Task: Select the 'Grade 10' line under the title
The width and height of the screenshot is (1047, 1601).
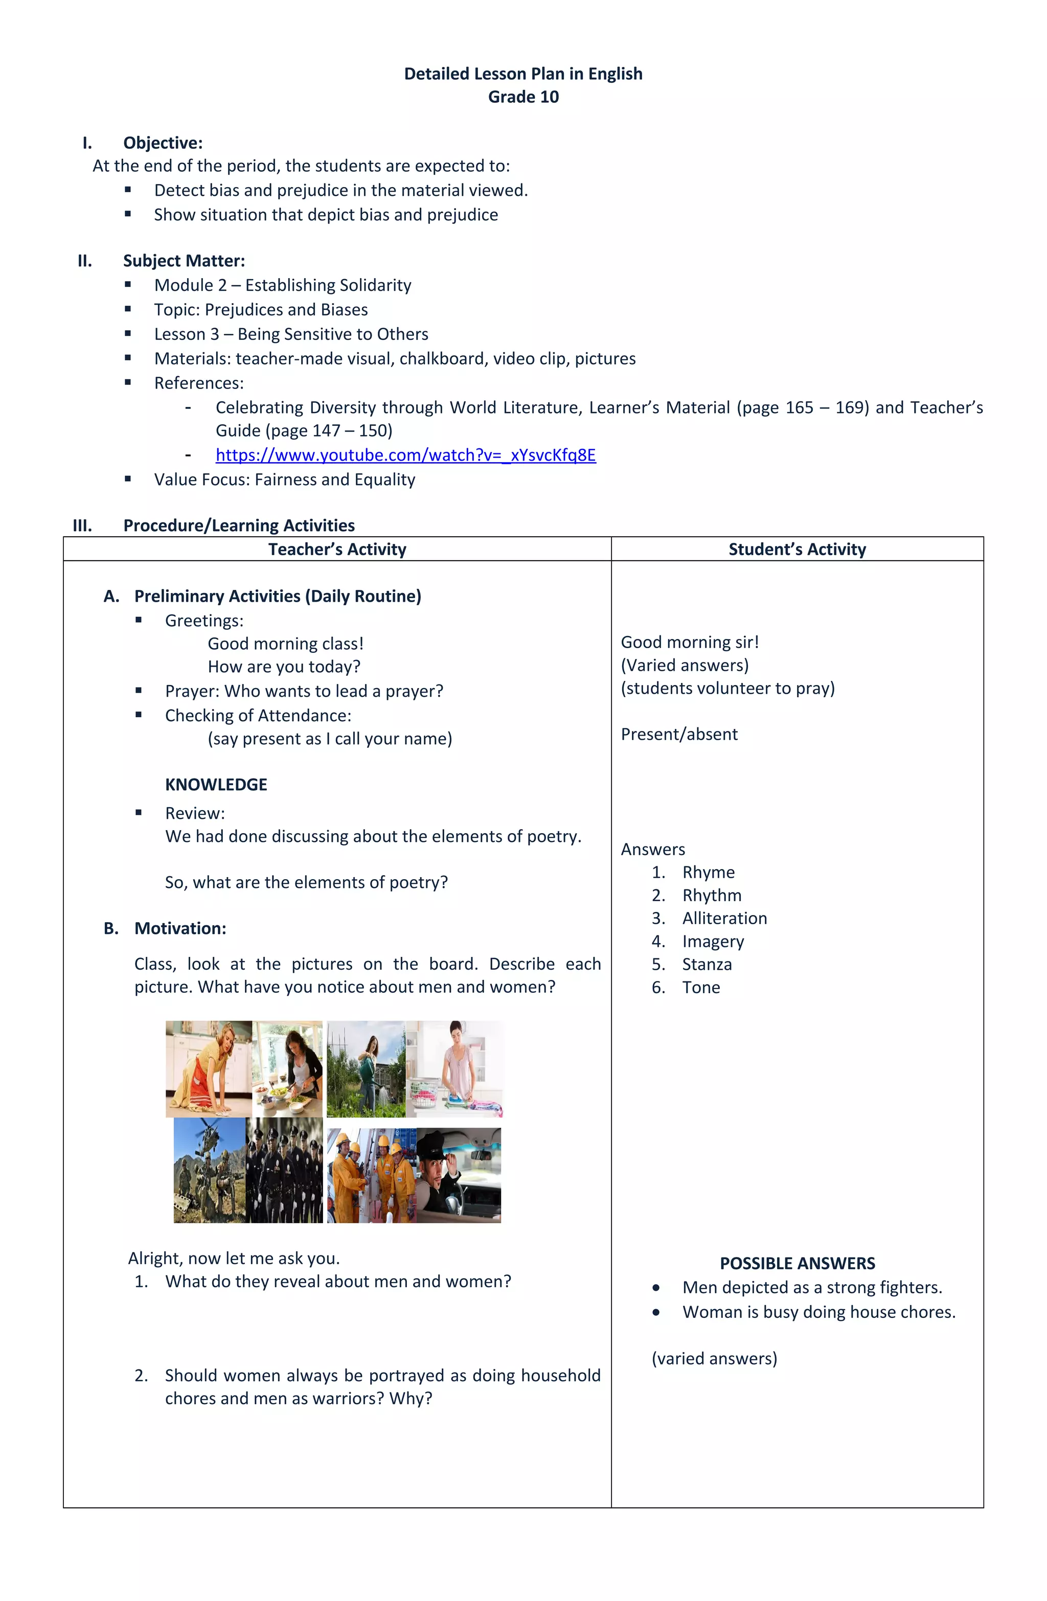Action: click(x=523, y=97)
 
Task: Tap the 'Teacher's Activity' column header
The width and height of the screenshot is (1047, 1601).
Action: click(x=337, y=549)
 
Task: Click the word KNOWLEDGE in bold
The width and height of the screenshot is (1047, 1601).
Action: click(x=216, y=784)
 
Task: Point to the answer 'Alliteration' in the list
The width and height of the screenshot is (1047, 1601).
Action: click(x=724, y=918)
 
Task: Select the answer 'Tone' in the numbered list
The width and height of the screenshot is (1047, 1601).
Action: click(x=700, y=988)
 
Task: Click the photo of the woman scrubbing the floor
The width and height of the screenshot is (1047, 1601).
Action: click(x=209, y=1069)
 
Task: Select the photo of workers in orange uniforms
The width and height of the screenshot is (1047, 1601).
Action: click(x=371, y=1175)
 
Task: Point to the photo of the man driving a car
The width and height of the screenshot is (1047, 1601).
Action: click(x=459, y=1175)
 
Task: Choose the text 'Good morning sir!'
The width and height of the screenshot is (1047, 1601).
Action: click(x=689, y=643)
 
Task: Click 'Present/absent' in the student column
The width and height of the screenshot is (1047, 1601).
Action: click(x=678, y=735)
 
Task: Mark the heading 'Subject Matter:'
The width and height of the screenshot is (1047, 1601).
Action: click(x=184, y=261)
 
